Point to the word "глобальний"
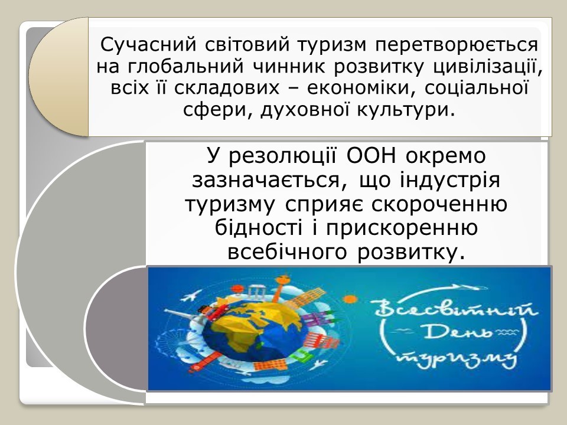click(184, 67)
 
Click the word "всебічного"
click(288, 252)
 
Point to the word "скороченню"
click(439, 205)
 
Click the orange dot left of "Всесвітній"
click(349, 299)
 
